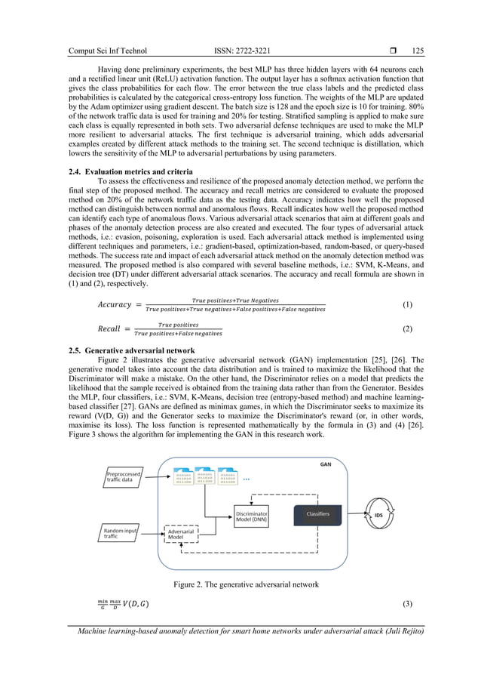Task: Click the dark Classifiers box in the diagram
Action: tap(317, 514)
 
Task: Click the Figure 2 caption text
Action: tap(240, 584)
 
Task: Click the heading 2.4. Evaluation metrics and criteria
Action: tap(135, 172)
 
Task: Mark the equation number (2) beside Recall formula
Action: tap(408, 329)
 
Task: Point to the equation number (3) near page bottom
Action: tap(408, 604)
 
